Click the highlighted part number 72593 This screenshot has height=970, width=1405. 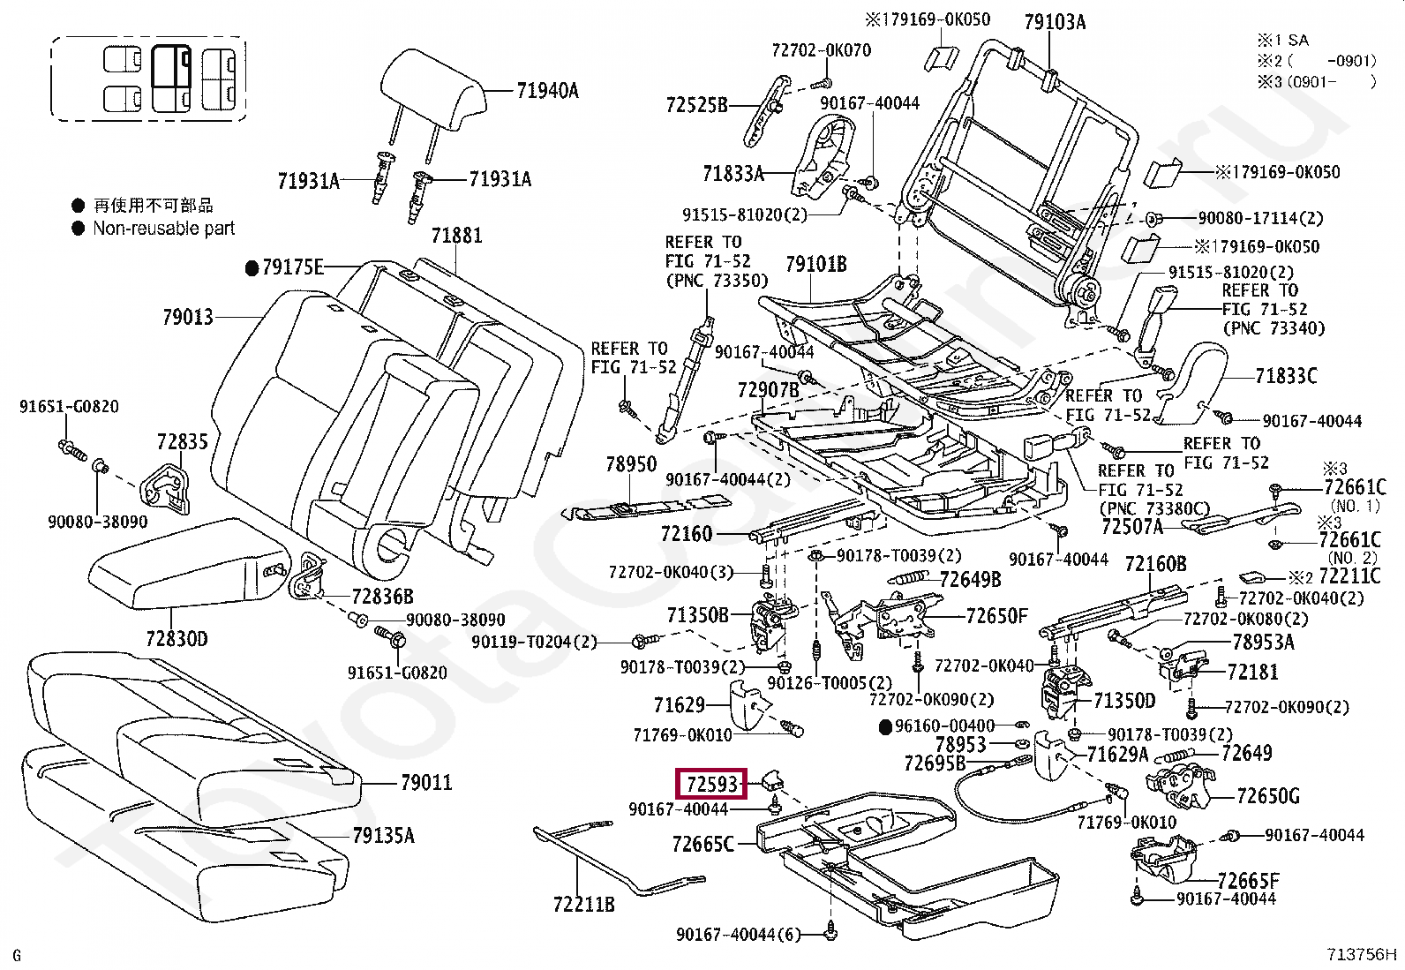coord(712,784)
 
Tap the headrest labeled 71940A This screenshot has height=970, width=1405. coord(432,91)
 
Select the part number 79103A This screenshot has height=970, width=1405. coord(1055,23)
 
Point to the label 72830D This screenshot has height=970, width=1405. coord(177,639)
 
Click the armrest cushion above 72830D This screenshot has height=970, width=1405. coord(188,563)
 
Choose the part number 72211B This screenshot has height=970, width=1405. coord(584,904)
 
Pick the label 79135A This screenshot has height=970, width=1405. coord(383,835)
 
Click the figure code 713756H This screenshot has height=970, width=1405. coord(1361,954)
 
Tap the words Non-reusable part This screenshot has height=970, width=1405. coord(163,228)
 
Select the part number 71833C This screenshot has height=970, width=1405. coord(1287,376)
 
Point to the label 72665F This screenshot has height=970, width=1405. coord(1248,880)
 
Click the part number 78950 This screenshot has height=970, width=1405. coord(631,464)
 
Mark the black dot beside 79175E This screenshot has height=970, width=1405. coord(252,268)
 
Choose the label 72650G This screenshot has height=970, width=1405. coord(1268,795)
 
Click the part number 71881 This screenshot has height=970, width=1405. coord(456,236)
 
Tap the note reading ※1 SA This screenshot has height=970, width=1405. coord(1283,41)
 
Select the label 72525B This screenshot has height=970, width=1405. coord(697,105)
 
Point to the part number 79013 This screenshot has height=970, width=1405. coord(188,317)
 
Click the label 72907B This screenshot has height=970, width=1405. coord(769,390)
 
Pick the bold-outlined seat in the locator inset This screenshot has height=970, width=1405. coord(171,78)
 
